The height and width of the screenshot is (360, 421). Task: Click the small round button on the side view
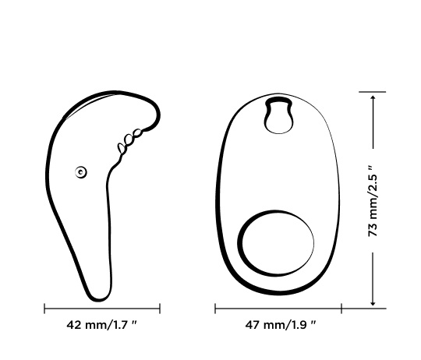(x=80, y=172)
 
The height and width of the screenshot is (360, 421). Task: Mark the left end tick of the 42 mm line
(x=44, y=308)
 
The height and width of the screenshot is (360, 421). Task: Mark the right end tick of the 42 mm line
(x=160, y=308)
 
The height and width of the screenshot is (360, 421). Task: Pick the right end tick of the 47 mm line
(x=341, y=308)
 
